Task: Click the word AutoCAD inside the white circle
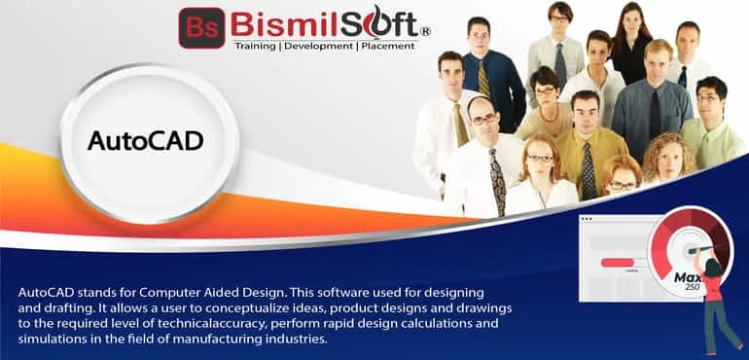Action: [x=145, y=140]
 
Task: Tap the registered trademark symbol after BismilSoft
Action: [x=424, y=31]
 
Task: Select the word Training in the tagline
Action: [x=261, y=46]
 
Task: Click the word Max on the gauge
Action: [x=687, y=276]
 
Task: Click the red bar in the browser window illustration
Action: [x=620, y=262]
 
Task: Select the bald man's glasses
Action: [x=483, y=119]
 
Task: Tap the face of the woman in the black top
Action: [x=630, y=19]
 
